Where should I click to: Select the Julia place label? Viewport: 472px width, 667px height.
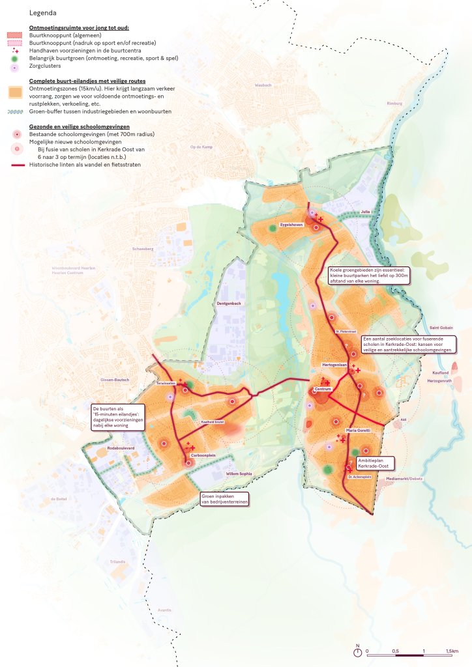point(365,212)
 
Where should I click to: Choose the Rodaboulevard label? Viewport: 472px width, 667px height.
point(121,448)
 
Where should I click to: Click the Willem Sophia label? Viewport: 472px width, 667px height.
point(239,474)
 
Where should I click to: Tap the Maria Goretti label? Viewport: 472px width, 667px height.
point(358,431)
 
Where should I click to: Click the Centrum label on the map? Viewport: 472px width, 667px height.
point(323,390)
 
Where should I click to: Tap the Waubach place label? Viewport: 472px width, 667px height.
point(263,85)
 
